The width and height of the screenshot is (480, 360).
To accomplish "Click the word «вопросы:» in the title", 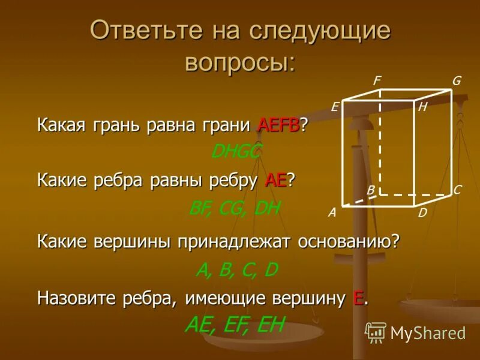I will click(x=240, y=62).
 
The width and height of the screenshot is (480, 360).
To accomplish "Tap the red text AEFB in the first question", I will click(x=278, y=126).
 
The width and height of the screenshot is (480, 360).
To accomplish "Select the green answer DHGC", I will click(x=236, y=152).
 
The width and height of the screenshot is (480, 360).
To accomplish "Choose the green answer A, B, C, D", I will click(x=236, y=270).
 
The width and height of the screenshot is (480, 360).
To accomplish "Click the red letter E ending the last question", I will click(x=359, y=298).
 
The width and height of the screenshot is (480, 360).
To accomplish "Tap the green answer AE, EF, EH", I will click(x=234, y=325).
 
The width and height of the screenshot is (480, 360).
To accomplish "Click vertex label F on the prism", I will click(x=377, y=80).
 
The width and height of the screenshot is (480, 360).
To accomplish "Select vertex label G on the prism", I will click(x=457, y=81).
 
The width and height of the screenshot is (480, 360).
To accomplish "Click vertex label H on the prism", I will click(x=422, y=107).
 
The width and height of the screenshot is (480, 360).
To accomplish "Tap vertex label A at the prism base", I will click(x=331, y=212).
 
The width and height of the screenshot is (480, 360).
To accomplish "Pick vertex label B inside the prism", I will click(x=371, y=190).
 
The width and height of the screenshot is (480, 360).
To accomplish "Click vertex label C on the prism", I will click(x=457, y=190).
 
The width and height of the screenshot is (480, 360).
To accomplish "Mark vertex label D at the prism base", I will click(x=422, y=212).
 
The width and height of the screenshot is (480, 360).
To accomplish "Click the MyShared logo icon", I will click(x=376, y=332).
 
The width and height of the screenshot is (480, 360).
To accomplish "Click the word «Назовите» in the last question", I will click(x=76, y=298).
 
